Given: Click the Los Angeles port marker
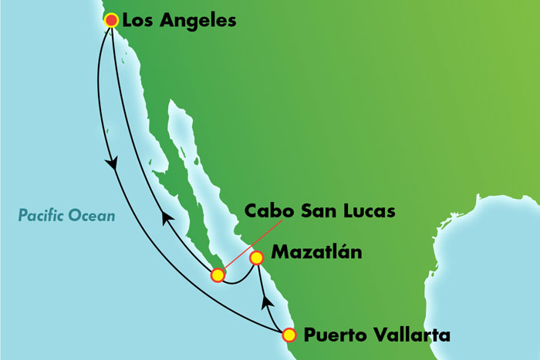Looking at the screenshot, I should pyautogui.click(x=111, y=20).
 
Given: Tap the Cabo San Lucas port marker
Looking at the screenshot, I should pyautogui.click(x=218, y=274).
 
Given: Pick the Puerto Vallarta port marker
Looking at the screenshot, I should pyautogui.click(x=289, y=335).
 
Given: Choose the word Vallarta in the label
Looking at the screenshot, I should pyautogui.click(x=407, y=335).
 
